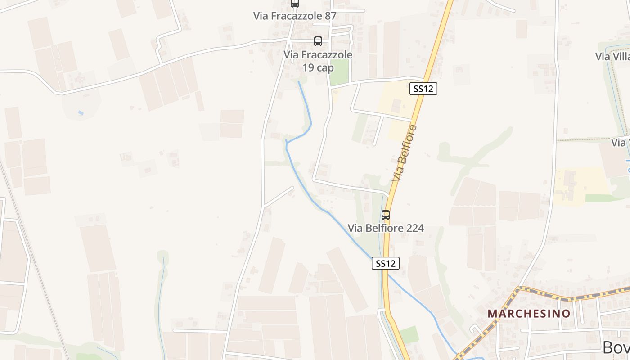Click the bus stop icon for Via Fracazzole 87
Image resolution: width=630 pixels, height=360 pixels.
pos(295,4)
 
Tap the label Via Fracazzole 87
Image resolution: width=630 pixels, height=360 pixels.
pos(295,16)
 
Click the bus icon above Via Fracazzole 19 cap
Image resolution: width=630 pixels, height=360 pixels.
pos(318,41)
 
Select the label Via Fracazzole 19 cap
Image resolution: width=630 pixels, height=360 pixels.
pos(318,61)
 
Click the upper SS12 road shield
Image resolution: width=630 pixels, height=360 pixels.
pos(423,89)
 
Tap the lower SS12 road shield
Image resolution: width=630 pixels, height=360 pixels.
pos(386,263)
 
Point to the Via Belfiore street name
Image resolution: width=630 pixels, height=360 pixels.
pos(404,153)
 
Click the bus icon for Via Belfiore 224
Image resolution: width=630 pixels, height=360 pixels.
pos(386,215)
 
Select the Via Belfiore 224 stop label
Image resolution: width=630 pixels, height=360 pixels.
pos(386,229)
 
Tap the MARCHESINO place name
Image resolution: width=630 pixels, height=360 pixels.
pos(529,313)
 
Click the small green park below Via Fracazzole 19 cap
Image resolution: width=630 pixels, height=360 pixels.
pos(339,72)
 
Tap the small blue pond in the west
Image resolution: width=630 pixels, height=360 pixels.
pos(81,112)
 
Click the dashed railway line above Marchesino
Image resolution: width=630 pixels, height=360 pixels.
pos(571,297)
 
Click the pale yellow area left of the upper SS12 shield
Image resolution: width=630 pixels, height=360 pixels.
pos(396,103)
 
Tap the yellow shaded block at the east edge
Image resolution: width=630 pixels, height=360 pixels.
pos(580,184)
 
